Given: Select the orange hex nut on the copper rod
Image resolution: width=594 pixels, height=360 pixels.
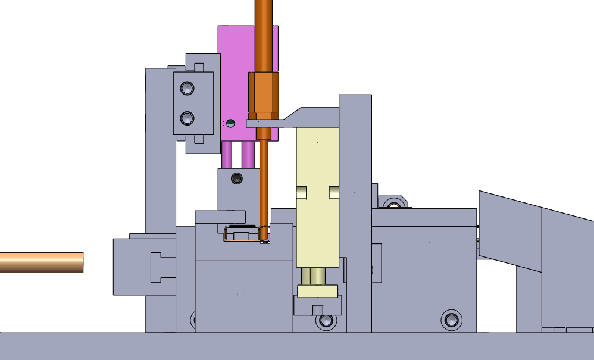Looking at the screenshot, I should (263, 92).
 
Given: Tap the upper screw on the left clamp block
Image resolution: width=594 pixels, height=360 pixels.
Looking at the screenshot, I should (187, 89).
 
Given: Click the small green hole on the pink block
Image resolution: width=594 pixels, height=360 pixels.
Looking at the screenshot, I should (231, 123).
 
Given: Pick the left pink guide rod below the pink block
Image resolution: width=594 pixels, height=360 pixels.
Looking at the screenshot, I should (227, 155).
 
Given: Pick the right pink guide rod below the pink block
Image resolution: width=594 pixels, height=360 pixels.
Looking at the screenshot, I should (248, 155).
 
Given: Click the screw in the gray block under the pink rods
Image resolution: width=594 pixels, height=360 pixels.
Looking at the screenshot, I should (237, 178).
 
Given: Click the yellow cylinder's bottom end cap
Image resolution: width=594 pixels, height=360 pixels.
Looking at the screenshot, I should (318, 291).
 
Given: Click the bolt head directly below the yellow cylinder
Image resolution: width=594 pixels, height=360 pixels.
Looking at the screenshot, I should (325, 321).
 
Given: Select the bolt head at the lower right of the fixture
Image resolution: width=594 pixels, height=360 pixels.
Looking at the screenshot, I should (451, 320).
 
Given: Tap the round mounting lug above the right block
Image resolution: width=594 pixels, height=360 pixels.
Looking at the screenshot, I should (392, 203).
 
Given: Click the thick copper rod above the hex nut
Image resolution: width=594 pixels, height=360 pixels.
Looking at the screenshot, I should (263, 36).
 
